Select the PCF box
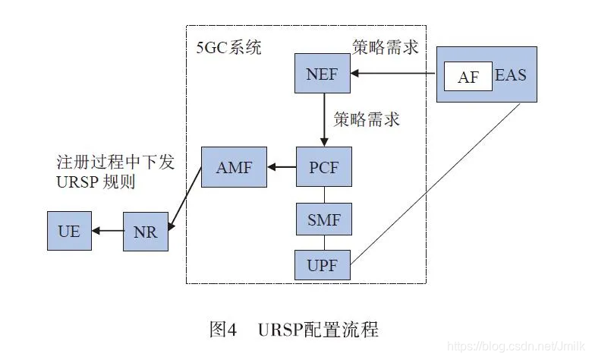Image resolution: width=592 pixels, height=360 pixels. point(323,166)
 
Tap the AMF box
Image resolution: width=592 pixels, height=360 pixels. point(234,166)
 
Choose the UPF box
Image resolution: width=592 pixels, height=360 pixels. point(323,266)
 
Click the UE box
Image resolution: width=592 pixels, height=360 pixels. point(69,231)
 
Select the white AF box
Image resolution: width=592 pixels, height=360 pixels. point(468,77)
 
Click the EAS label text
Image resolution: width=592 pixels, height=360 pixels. point(510,76)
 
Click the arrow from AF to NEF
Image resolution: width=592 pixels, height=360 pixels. point(395,74)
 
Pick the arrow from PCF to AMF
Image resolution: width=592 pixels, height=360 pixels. point(282,166)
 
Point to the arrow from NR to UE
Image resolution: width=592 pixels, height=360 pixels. point(106,231)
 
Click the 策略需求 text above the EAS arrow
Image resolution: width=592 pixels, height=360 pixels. point(386,48)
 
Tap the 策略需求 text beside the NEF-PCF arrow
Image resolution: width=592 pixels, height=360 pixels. point(367,119)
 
